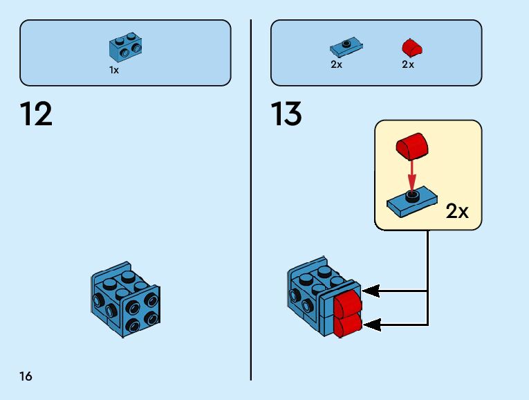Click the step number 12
(36, 113)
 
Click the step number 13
(286, 113)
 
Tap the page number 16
(26, 376)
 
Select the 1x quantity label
(114, 70)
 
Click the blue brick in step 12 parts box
(125, 47)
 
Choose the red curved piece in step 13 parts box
(412, 47)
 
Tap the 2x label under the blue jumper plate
(336, 64)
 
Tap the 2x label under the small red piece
(407, 64)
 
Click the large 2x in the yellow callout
(457, 211)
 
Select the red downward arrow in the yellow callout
(411, 176)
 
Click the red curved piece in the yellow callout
(412, 146)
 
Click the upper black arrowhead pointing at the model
(371, 291)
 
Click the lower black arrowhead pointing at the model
(371, 325)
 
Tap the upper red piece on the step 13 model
(348, 304)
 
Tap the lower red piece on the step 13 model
(348, 325)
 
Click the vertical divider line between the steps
(250, 200)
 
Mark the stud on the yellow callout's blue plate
(411, 196)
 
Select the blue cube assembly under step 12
(125, 299)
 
